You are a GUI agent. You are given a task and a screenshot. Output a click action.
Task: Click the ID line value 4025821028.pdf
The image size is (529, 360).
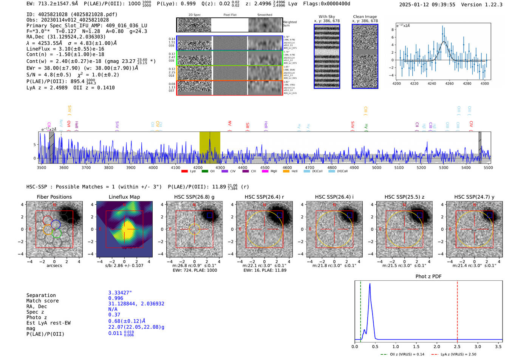94,14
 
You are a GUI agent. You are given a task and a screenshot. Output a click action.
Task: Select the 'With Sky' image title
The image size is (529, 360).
326,17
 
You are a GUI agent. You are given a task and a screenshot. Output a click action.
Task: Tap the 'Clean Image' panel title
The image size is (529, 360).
365,17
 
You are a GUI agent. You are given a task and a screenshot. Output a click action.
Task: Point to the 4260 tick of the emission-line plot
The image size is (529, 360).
449,83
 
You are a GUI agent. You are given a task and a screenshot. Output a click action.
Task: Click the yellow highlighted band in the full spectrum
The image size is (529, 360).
210,147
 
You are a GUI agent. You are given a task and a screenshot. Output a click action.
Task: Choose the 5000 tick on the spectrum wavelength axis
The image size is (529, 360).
376,167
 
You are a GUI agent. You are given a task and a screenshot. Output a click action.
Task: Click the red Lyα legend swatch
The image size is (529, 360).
184,171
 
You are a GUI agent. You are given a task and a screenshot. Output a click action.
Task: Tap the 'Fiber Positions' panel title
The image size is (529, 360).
54,197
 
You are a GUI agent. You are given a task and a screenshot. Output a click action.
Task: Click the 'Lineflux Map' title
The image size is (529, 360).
124,197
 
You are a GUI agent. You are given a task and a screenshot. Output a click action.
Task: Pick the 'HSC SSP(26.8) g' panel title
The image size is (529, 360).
194,197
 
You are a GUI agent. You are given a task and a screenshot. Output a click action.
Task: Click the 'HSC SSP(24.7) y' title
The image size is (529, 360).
474,197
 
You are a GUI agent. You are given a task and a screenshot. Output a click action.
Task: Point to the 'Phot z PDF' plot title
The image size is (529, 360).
428,277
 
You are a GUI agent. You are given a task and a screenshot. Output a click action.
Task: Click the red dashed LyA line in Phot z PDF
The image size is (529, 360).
457,310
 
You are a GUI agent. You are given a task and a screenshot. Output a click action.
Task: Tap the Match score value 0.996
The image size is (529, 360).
116,298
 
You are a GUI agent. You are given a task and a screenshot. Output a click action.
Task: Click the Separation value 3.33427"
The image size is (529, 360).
120,293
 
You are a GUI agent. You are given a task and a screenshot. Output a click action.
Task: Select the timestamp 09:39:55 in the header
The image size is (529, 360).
443,5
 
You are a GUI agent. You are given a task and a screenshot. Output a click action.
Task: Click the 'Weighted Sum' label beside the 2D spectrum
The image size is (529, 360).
289,23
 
